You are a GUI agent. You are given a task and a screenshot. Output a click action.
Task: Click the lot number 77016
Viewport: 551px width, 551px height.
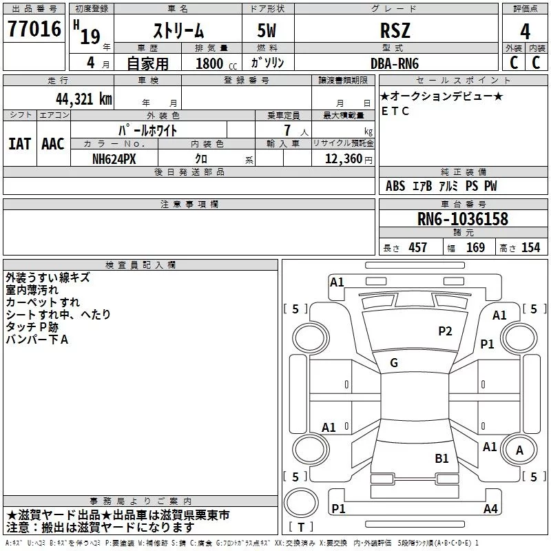(34, 29)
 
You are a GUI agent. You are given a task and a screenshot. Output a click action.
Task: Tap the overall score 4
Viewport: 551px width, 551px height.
(525, 30)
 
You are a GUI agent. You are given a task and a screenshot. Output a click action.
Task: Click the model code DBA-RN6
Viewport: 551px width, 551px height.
(395, 63)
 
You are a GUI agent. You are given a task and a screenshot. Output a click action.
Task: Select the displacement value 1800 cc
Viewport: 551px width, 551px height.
(214, 63)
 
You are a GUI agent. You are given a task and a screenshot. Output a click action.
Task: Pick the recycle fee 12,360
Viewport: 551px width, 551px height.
(343, 158)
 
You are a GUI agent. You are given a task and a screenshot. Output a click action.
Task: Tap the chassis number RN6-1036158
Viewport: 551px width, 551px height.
(462, 219)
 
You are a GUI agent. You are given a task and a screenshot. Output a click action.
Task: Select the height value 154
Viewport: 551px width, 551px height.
(530, 248)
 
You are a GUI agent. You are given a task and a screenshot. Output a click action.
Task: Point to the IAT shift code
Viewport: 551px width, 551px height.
(19, 144)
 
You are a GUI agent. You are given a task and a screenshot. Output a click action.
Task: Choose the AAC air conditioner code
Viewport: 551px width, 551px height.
(53, 144)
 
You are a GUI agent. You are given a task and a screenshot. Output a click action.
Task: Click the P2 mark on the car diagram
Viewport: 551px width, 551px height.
(445, 331)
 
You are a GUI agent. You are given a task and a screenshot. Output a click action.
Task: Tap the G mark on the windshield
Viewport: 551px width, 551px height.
(393, 363)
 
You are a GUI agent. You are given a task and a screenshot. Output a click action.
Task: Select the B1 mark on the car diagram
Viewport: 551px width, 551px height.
(441, 458)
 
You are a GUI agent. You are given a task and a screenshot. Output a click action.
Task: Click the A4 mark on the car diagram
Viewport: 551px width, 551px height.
(490, 509)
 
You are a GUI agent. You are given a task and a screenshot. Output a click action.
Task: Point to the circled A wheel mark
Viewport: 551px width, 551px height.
(519, 450)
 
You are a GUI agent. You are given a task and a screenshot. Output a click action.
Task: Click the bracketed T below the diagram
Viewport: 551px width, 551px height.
(300, 528)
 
